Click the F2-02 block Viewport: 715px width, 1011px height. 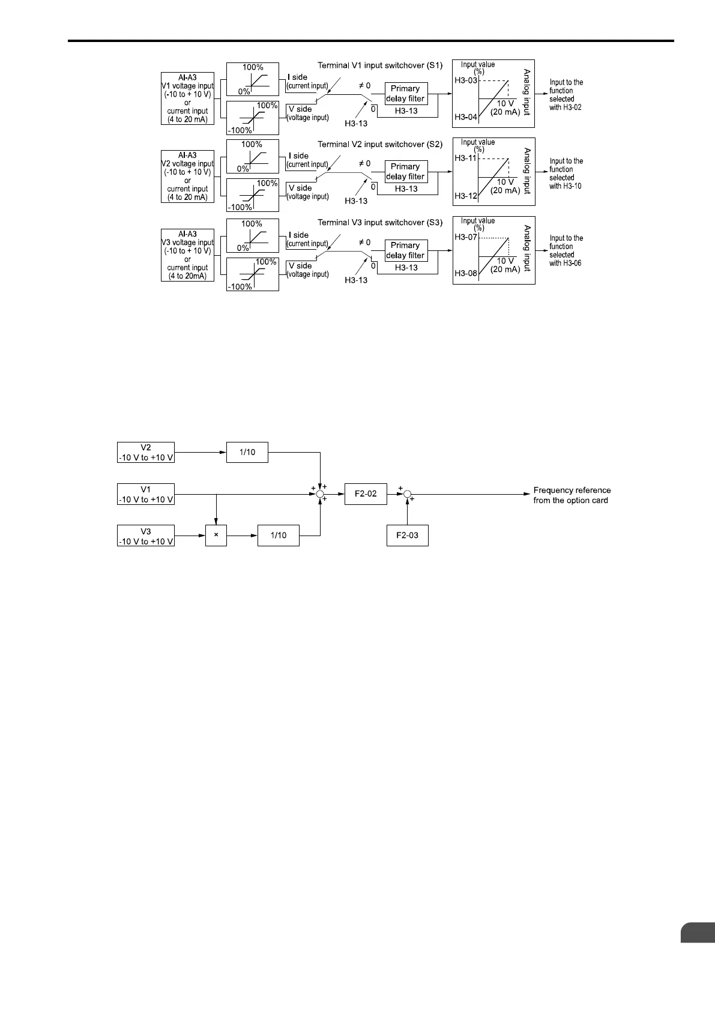(366, 493)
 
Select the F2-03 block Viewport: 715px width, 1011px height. (407, 535)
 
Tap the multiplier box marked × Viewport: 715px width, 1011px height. (216, 535)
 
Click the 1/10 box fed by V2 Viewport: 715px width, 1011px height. (247, 452)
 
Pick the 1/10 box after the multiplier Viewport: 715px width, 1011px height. (279, 535)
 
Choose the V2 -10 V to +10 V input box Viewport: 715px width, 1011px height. (146, 452)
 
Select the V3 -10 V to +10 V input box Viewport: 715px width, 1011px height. (146, 535)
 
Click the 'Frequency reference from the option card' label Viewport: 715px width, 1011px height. (571, 495)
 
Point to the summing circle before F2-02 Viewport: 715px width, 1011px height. (320, 493)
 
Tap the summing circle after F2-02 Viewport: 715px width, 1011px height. (407, 493)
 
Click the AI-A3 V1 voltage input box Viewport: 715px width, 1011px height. (187, 98)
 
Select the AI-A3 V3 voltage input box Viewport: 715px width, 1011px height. (187, 255)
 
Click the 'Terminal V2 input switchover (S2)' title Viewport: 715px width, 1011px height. (379, 144)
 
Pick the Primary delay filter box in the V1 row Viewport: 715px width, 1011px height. (406, 94)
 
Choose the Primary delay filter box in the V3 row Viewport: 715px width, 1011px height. (406, 250)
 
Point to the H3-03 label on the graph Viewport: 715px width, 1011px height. (465, 80)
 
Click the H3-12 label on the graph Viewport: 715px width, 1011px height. (465, 196)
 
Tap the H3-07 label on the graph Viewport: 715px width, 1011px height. (465, 237)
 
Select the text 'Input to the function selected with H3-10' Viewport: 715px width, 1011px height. (566, 174)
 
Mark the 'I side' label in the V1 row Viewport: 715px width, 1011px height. (298, 77)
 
